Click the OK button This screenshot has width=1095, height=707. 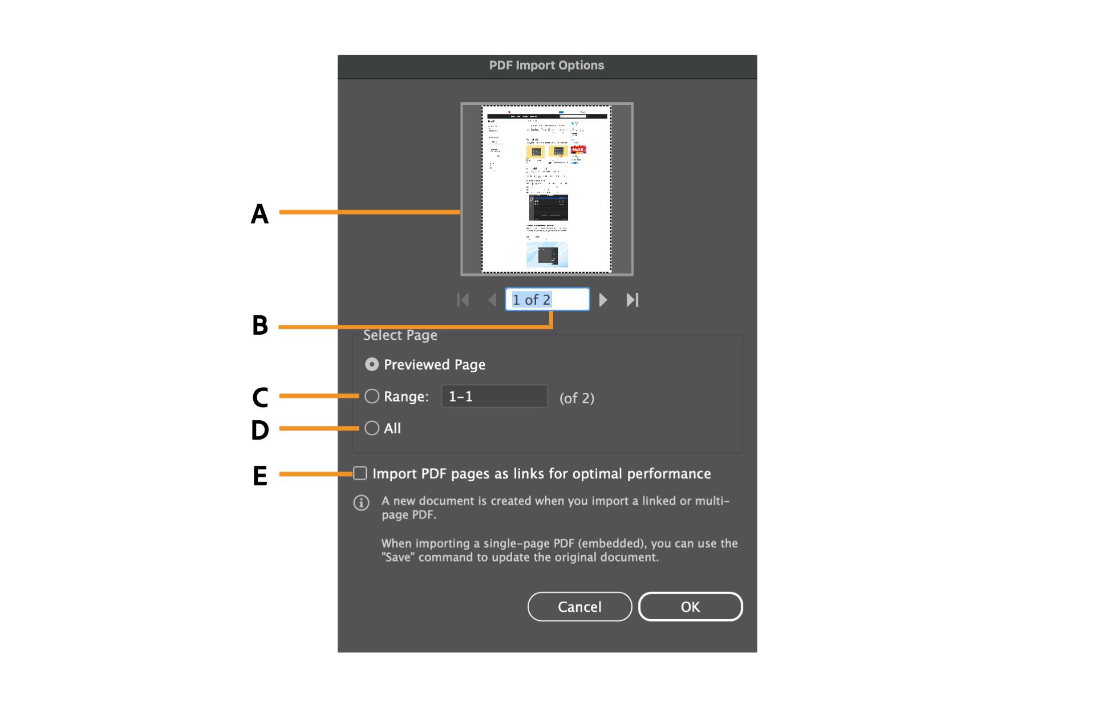690,607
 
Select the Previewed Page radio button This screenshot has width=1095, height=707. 372,364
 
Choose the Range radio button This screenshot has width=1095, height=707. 372,396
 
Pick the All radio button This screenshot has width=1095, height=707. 372,428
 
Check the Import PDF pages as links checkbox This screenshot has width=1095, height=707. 360,473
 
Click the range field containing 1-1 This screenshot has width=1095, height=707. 494,396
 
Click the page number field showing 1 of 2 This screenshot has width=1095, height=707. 547,300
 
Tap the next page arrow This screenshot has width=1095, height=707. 603,300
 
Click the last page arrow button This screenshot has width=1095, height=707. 632,300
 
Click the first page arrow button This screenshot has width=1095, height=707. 463,300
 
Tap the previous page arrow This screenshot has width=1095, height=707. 492,300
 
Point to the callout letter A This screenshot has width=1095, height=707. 259,214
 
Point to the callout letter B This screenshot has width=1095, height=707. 260,326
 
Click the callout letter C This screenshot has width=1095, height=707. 260,397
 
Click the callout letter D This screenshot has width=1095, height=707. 260,430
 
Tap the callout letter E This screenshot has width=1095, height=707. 260,476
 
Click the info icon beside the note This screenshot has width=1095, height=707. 361,503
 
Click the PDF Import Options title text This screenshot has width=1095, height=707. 546,66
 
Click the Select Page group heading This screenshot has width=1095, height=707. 400,335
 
